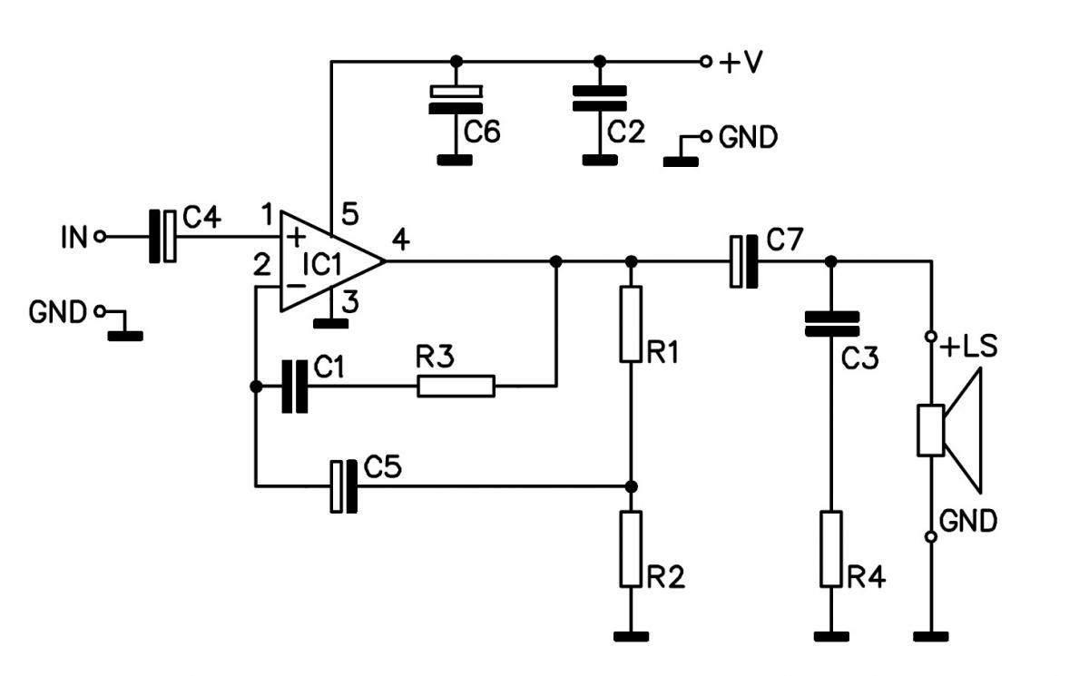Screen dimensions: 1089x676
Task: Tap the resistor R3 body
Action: [x=456, y=387]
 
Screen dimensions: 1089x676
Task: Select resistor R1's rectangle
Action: [x=631, y=324]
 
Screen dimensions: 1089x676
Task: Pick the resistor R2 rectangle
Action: [x=631, y=549]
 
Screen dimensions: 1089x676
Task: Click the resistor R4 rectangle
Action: [x=831, y=549]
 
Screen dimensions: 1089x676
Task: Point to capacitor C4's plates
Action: [x=162, y=237]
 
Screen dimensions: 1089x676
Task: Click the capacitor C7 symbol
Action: [x=744, y=261]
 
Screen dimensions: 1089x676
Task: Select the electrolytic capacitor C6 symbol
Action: [x=456, y=100]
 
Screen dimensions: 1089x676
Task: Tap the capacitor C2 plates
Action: [x=600, y=99]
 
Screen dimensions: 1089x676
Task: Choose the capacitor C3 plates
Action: [x=832, y=324]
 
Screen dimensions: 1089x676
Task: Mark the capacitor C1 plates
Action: [x=295, y=387]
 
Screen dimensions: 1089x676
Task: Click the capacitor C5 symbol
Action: [x=344, y=486]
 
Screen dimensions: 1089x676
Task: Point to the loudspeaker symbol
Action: [x=949, y=431]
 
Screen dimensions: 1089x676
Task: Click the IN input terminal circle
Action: [x=100, y=237]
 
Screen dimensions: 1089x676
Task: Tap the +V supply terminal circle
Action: [x=705, y=62]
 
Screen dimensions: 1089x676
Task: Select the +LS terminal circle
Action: [x=931, y=337]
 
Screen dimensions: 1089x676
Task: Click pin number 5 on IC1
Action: [x=350, y=213]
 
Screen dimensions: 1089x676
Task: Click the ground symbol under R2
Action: [x=631, y=637]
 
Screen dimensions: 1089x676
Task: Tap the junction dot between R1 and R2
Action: [x=631, y=486]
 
